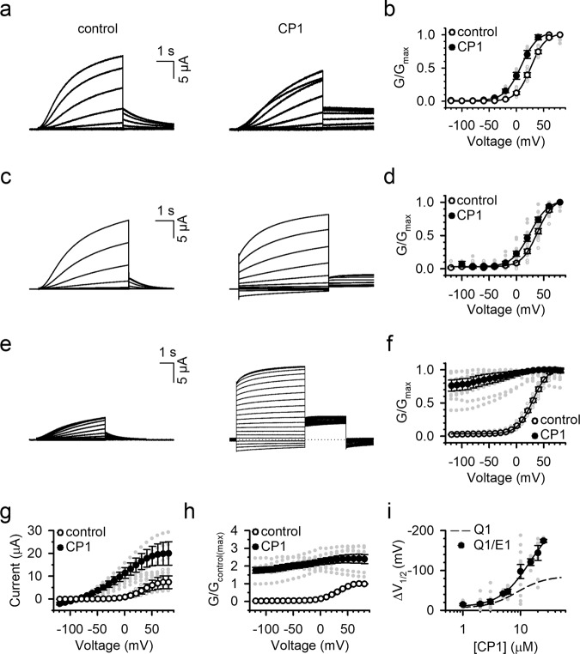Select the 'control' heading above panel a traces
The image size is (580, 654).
tap(89, 27)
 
